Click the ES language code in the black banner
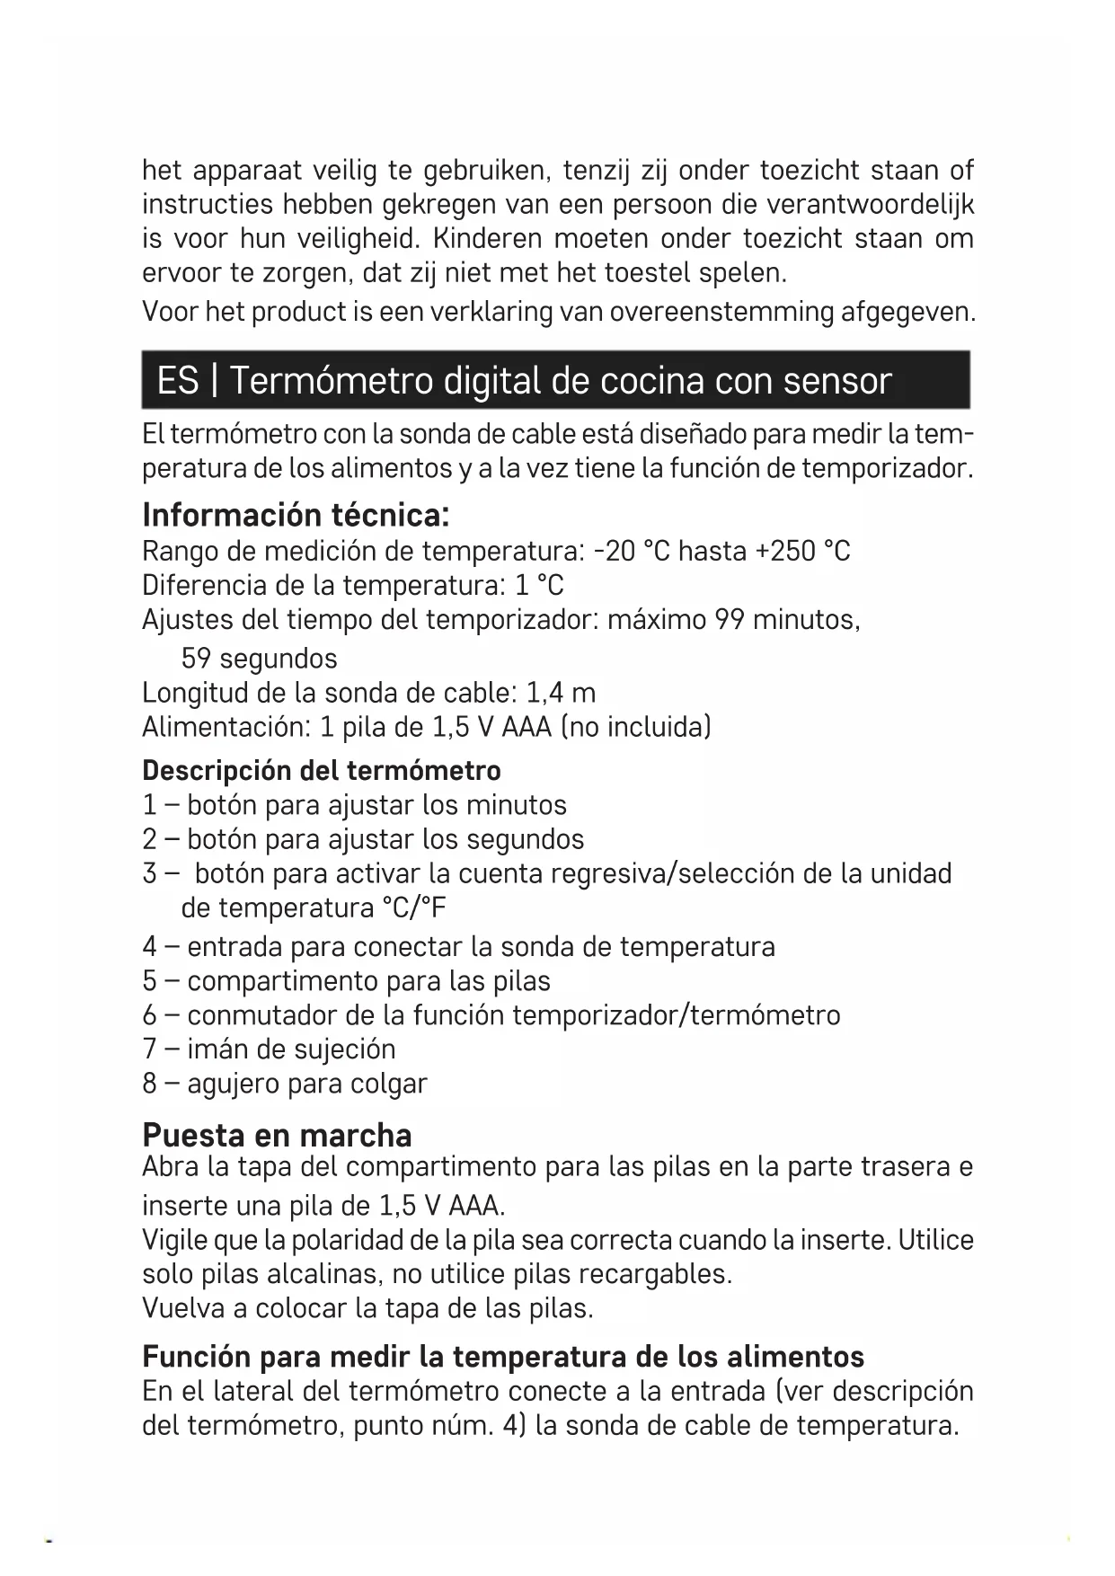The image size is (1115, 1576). tap(177, 381)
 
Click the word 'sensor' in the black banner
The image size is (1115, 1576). tap(836, 381)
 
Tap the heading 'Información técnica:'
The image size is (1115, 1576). tap(296, 515)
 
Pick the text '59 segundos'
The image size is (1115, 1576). tap(259, 658)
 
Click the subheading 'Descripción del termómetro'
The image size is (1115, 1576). tap(322, 770)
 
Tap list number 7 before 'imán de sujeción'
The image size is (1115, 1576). tap(150, 1049)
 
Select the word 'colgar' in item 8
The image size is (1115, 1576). tap(388, 1084)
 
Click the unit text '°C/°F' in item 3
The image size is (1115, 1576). tap(413, 908)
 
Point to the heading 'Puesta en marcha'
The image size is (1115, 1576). tap(277, 1135)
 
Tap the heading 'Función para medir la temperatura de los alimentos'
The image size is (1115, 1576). tap(503, 1355)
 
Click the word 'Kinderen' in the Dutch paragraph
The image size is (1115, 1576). tap(487, 238)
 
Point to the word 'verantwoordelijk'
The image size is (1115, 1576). tap(870, 204)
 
